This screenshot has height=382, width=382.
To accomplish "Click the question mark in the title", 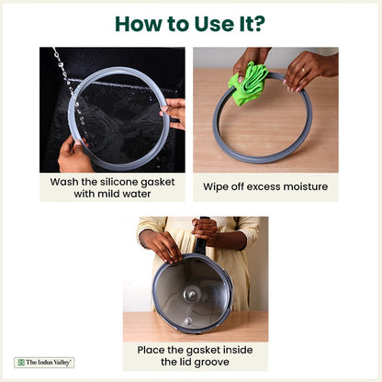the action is (x=259, y=24).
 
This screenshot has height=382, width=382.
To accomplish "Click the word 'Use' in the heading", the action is (x=214, y=24).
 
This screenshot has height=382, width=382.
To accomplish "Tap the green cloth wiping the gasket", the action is (x=248, y=83).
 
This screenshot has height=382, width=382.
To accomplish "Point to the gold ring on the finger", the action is (x=304, y=71).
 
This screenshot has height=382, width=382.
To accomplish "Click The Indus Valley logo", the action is (x=44, y=363).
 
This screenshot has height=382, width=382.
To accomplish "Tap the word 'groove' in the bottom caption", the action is (x=211, y=363).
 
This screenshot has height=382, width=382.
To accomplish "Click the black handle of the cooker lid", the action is (x=201, y=240).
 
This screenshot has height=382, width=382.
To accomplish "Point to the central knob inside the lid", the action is (x=192, y=295).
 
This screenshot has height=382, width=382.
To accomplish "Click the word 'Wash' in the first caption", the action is (x=64, y=182).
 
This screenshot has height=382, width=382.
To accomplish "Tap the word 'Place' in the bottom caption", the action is (x=151, y=350).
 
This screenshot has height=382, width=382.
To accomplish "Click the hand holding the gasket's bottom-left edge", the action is (x=73, y=155).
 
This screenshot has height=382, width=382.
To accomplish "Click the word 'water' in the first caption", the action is (x=137, y=194).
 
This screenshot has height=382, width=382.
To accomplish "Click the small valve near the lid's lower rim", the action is (x=188, y=321).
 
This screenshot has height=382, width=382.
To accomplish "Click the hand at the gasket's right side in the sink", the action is (x=174, y=113).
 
